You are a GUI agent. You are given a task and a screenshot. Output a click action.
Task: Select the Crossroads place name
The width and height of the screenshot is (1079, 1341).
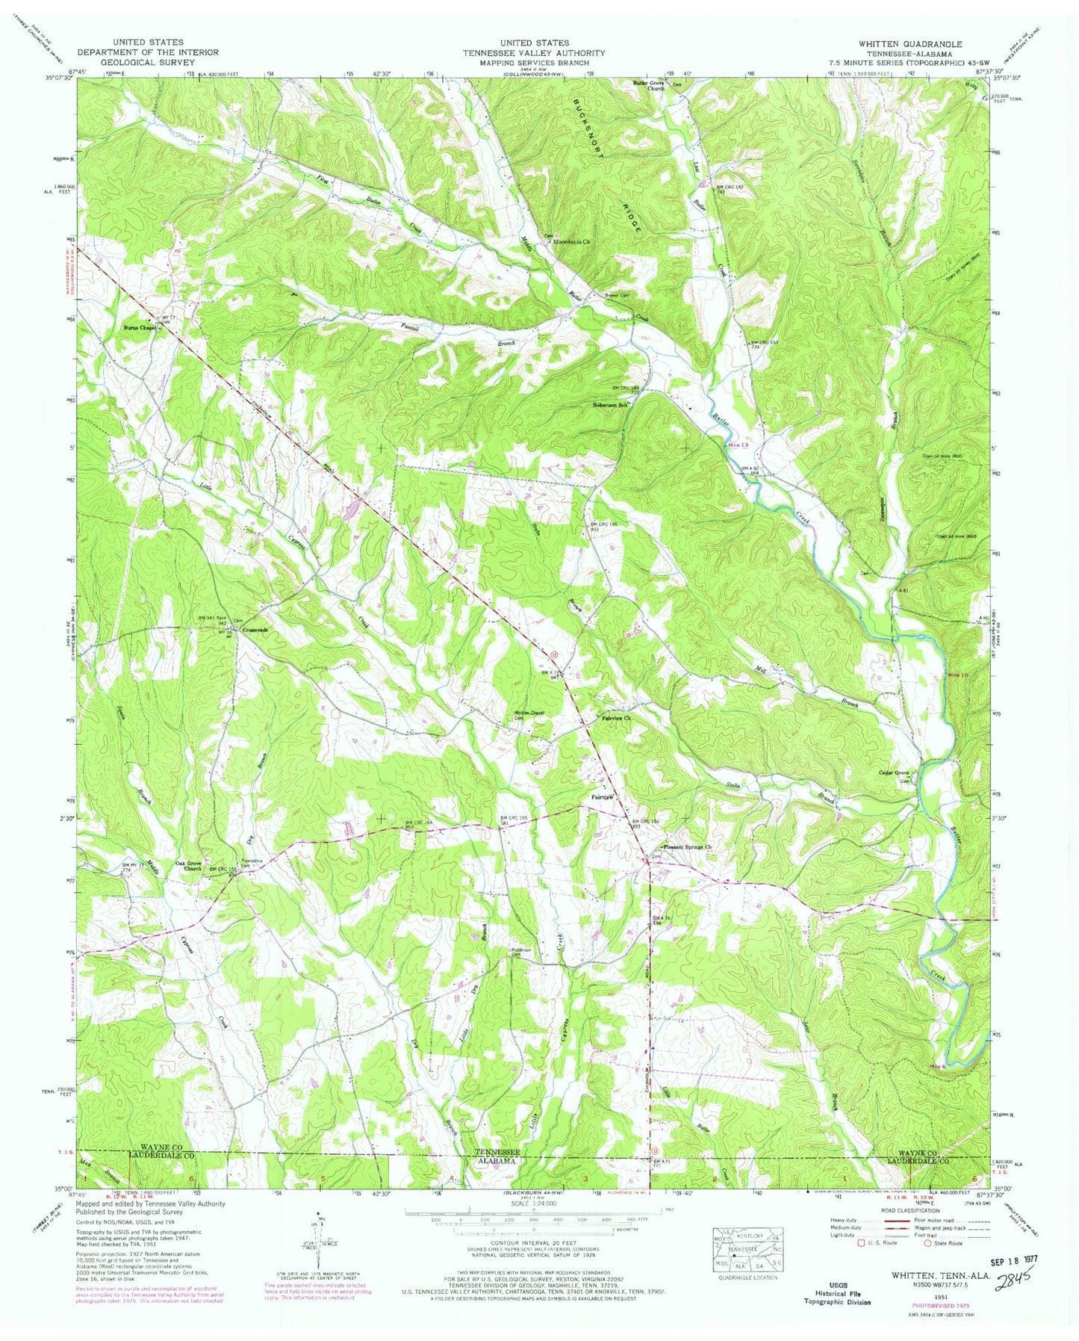(255, 630)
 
